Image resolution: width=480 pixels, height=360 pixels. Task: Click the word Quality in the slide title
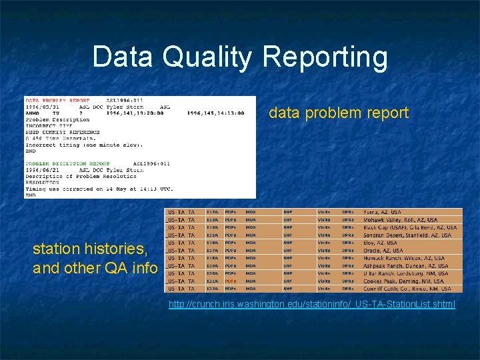pyautogui.click(x=207, y=57)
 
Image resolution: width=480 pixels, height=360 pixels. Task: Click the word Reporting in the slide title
pyautogui.click(x=325, y=57)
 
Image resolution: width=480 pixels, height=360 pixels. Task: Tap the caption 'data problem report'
pyautogui.click(x=339, y=113)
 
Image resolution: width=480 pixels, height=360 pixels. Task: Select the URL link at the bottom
pyautogui.click(x=312, y=305)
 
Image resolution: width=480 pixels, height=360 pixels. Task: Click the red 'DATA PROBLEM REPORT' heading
pyautogui.click(x=57, y=101)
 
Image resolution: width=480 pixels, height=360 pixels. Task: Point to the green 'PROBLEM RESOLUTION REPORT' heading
pyautogui.click(x=67, y=163)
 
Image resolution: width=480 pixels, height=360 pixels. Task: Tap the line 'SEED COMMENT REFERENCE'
pyautogui.click(x=63, y=132)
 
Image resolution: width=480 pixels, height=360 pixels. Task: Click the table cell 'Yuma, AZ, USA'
pyautogui.click(x=383, y=213)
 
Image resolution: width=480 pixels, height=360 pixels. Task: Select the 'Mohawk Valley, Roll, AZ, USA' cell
pyautogui.click(x=400, y=220)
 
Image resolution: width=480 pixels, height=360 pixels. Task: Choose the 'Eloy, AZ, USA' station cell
pyautogui.click(x=380, y=243)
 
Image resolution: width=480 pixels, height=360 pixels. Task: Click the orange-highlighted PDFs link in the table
pyautogui.click(x=231, y=281)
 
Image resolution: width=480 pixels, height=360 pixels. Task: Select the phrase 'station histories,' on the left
pyautogui.click(x=90, y=249)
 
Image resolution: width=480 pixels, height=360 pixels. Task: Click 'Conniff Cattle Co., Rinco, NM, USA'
pyautogui.click(x=407, y=289)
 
